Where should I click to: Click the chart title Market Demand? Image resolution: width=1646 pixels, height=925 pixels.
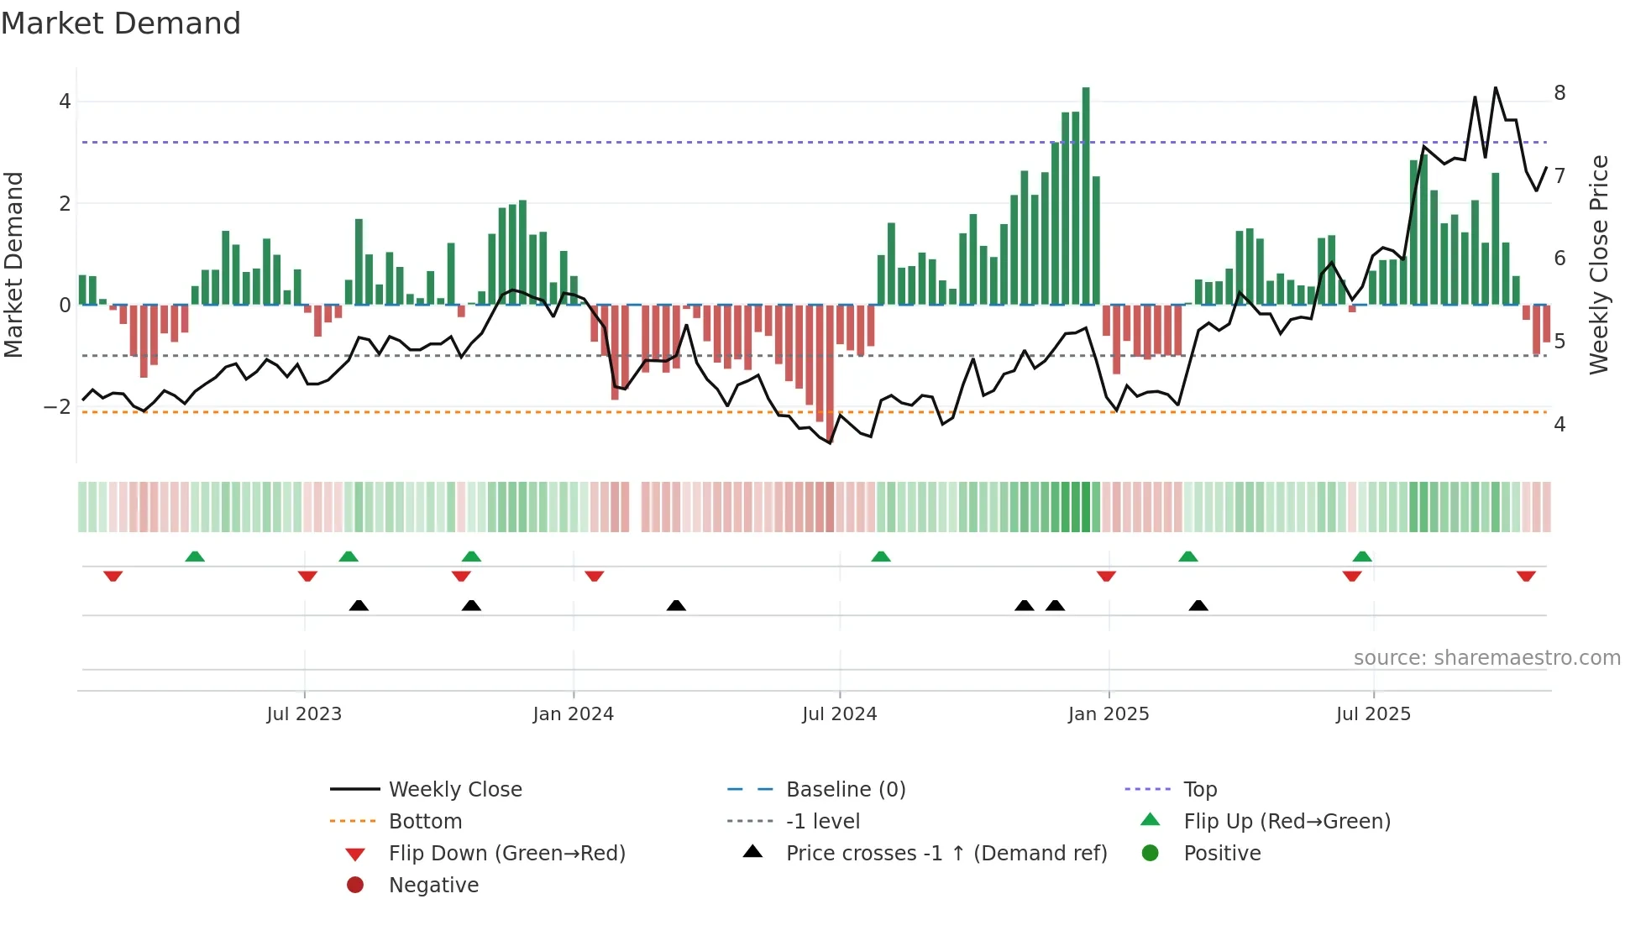(121, 24)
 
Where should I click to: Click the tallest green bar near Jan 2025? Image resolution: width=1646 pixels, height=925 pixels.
(1086, 196)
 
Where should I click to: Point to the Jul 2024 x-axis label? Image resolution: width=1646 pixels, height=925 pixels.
(839, 714)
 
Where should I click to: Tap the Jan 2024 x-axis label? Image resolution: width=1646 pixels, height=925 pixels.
(573, 714)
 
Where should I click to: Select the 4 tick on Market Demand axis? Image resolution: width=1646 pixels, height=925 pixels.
(65, 102)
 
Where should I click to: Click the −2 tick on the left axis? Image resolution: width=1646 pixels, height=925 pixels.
(58, 407)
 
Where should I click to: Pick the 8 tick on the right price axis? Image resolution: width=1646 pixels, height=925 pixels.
(1560, 93)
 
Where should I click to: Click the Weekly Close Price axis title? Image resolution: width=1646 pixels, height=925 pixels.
(1599, 264)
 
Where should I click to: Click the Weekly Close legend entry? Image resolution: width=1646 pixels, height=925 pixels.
(454, 790)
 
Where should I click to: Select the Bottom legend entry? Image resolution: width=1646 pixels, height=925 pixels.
(425, 822)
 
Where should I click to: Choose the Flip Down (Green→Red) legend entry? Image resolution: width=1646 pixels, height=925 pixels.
(506, 854)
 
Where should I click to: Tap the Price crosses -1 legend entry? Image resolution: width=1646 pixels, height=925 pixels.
(946, 854)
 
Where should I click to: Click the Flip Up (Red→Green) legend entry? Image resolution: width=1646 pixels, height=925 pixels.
(1287, 822)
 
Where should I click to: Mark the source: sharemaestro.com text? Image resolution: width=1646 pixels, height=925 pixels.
(1486, 658)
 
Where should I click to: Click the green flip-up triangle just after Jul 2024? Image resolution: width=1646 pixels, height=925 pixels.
(880, 557)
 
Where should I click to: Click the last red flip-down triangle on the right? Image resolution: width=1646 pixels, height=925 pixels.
(1526, 576)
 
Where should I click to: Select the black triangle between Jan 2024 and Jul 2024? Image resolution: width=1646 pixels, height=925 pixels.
(676, 605)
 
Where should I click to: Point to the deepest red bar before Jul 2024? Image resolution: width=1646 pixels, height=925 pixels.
(830, 374)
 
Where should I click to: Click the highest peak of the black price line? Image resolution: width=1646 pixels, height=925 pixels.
(1496, 88)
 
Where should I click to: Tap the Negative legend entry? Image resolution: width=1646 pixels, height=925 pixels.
(433, 886)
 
